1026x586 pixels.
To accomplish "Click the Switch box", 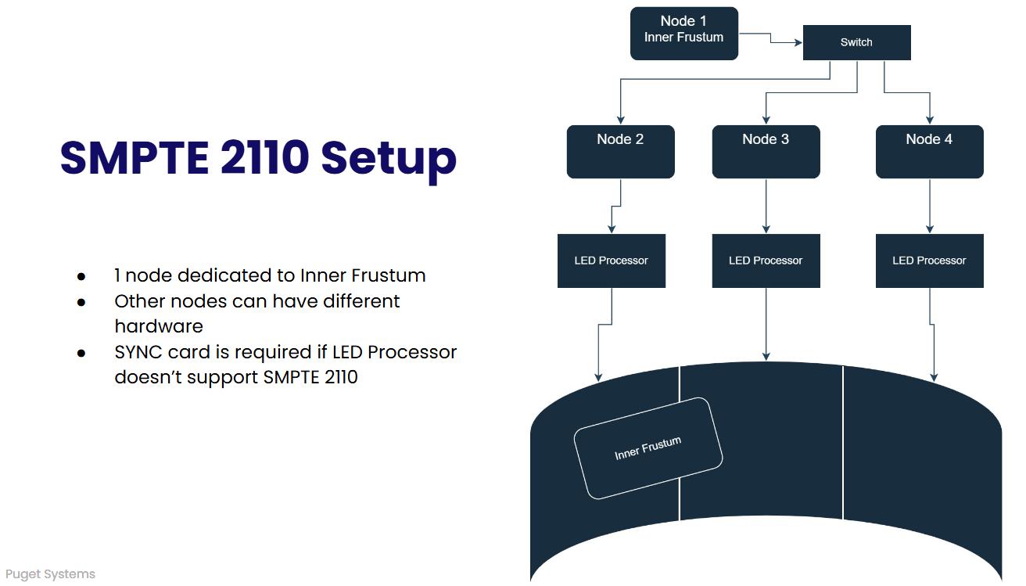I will [856, 42].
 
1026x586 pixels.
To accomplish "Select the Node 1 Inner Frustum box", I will [683, 34].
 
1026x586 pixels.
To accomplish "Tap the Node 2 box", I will [620, 152].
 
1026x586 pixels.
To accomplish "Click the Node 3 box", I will [766, 152].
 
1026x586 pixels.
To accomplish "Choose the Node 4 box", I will [929, 152].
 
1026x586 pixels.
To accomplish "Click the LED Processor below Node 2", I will [611, 261].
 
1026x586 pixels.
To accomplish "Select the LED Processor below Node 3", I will [766, 261].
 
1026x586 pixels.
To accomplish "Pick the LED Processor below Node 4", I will [929, 261].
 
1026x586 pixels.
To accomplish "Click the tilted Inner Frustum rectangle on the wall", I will [648, 448].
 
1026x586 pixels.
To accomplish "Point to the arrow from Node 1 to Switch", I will [771, 38].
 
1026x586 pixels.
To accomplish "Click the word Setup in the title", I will [389, 159].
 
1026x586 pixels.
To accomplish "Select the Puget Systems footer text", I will [50, 574].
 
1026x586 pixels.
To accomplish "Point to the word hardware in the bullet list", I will [159, 326].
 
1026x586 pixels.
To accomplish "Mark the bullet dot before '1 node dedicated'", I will [81, 277].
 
